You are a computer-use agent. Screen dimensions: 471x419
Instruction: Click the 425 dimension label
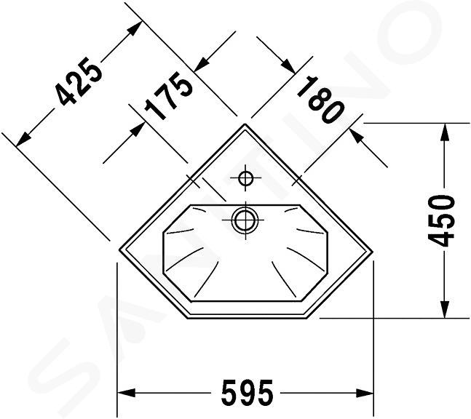(79, 81)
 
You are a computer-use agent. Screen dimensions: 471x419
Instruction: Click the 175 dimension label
(168, 95)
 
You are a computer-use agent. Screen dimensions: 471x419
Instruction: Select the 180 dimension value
(320, 100)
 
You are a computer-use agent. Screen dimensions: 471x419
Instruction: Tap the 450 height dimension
(441, 220)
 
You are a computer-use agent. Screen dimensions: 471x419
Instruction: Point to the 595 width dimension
(248, 392)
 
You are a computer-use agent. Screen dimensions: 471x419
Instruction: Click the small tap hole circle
(245, 178)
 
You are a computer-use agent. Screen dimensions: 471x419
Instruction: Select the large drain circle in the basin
(246, 220)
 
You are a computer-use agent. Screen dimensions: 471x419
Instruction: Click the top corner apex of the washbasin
(245, 124)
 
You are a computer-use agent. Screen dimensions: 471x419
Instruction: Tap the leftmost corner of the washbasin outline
(119, 249)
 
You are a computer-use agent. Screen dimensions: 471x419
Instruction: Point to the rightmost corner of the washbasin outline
(373, 252)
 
